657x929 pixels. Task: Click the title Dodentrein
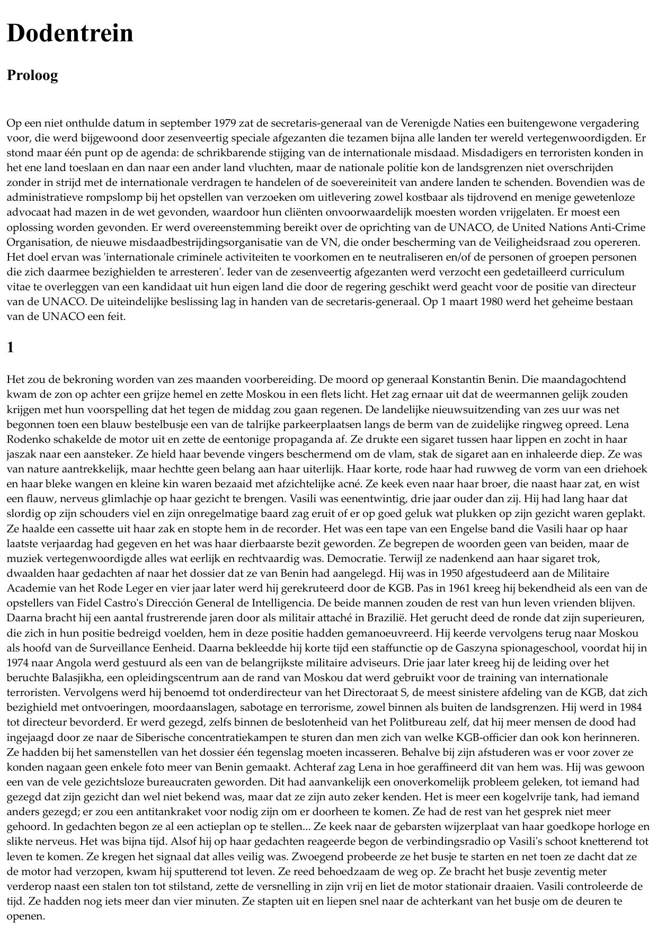point(69,33)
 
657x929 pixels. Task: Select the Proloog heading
point(32,75)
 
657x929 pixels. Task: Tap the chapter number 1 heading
point(11,347)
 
